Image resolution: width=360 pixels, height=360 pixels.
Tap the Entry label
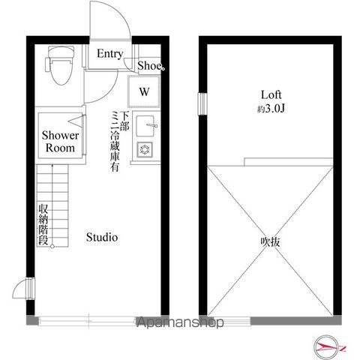[x=109, y=53]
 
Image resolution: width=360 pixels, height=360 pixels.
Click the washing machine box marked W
[x=144, y=93]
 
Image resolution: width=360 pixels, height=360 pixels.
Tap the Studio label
[x=101, y=238]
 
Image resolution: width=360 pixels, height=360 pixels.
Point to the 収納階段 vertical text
[x=43, y=226]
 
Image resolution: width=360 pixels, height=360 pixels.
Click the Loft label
[x=271, y=95]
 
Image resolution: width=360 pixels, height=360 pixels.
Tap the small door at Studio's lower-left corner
[x=27, y=289]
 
